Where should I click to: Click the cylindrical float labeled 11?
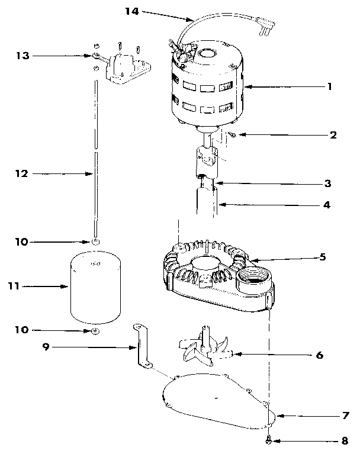click(95, 286)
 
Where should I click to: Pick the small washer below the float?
click(94, 330)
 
